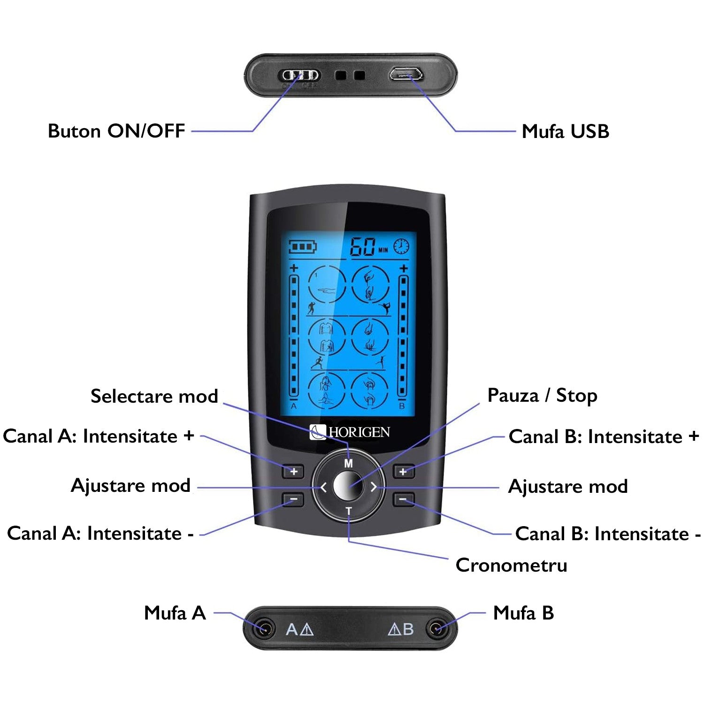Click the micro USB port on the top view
pos(406,74)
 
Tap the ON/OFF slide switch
pos(300,75)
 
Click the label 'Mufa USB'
pos(565,131)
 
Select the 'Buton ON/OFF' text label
pos(116,131)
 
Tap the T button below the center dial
pos(348,511)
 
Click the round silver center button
pos(348,487)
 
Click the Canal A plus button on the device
pos(293,471)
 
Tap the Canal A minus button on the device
pos(293,499)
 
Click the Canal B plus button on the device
pos(403,471)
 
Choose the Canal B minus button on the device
pos(403,499)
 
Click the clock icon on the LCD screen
pos(401,246)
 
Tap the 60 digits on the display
pos(363,247)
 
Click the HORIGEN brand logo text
pos(359,432)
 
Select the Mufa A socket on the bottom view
pos(264,628)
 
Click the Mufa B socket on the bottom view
pos(436,628)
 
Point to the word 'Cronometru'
pos(511,565)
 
